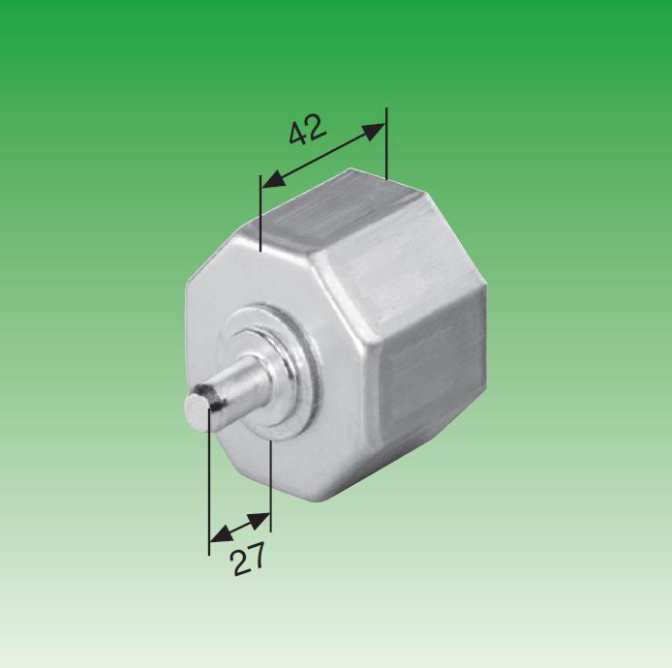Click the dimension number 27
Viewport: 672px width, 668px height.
coord(248,559)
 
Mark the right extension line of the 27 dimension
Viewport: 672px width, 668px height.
coord(271,484)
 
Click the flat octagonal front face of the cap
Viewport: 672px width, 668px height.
coord(242,290)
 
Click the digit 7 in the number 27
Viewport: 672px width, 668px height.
coord(256,556)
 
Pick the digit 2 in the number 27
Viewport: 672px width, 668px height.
coord(239,562)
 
